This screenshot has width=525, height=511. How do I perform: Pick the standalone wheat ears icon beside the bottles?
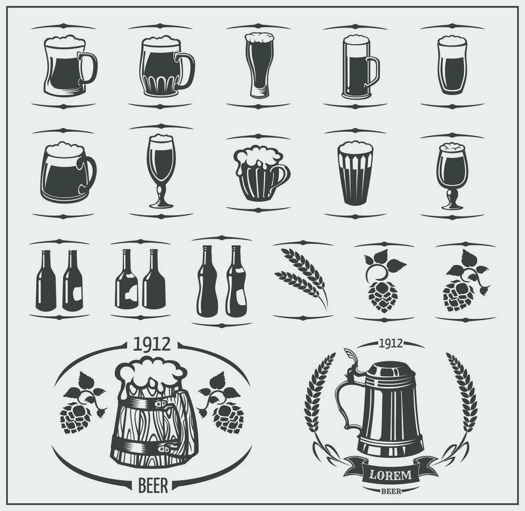[x=301, y=276]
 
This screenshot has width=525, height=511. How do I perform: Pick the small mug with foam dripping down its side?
[x=261, y=171]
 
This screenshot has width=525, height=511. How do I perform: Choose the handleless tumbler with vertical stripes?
[x=355, y=172]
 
